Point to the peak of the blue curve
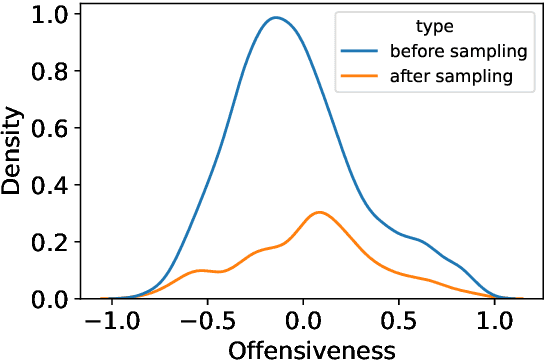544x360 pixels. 276,17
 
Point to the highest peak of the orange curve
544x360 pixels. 319,212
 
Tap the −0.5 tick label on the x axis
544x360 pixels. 205,322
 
